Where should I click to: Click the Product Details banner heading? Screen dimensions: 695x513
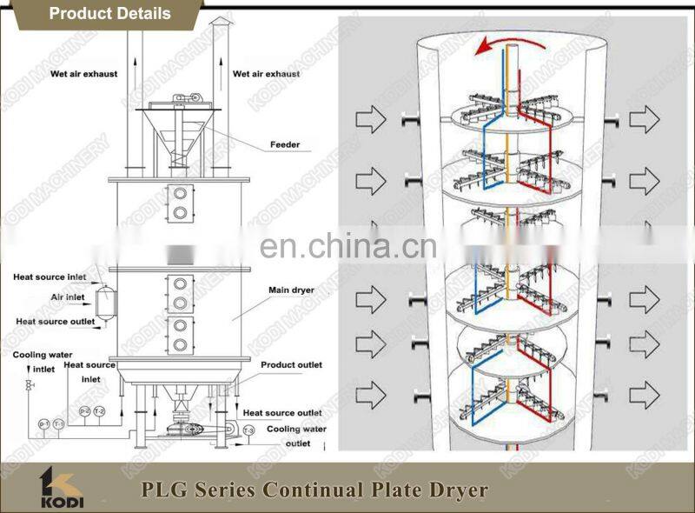(x=109, y=13)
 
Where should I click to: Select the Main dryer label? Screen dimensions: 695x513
(x=291, y=290)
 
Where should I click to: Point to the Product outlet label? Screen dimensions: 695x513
(x=292, y=365)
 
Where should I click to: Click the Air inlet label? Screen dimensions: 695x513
(x=67, y=297)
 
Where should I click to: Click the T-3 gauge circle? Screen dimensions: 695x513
(x=248, y=430)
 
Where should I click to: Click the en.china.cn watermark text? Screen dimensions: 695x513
(x=347, y=248)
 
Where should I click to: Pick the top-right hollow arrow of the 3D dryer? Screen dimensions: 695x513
(x=644, y=119)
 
